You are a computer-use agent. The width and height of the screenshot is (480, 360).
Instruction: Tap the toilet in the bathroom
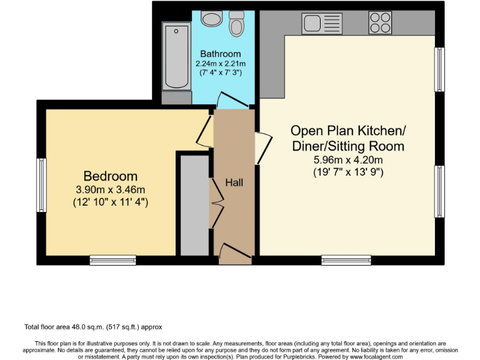[236, 24]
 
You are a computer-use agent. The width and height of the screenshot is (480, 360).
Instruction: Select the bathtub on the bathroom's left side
[176, 57]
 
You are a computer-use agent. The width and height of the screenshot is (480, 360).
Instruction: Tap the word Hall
[234, 182]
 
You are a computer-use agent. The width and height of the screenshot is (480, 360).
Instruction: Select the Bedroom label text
[111, 176]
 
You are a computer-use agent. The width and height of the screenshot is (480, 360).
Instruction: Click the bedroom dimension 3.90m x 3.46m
[111, 190]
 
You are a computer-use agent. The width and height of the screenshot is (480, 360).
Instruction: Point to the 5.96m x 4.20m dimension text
[348, 159]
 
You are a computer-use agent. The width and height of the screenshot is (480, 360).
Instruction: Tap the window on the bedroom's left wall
[41, 185]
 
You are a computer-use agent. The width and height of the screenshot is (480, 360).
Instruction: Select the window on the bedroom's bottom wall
[112, 259]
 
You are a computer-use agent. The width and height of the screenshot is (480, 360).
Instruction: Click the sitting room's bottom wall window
[346, 259]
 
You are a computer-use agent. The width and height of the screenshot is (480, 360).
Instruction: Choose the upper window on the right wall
[439, 69]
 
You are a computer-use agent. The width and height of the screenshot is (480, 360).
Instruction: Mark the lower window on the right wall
[439, 191]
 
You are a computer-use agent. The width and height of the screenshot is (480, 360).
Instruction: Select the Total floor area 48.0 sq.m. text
[97, 327]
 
